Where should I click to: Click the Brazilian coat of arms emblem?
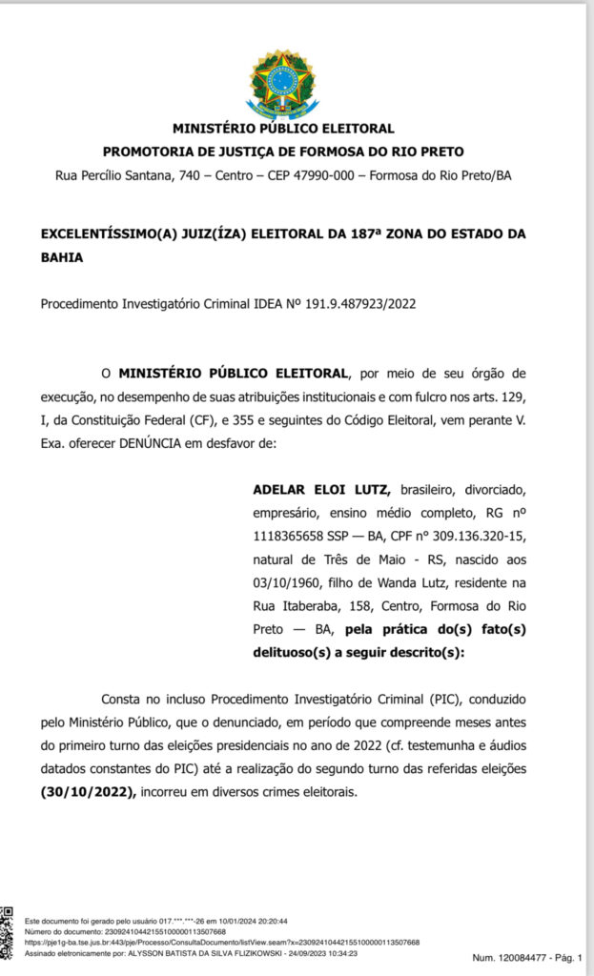(x=283, y=84)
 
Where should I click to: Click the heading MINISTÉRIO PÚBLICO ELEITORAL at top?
(x=283, y=129)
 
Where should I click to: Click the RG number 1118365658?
(x=294, y=536)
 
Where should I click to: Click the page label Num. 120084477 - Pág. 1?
(x=526, y=957)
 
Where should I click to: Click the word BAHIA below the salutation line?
(x=62, y=257)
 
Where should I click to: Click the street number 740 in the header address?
(x=214, y=175)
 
